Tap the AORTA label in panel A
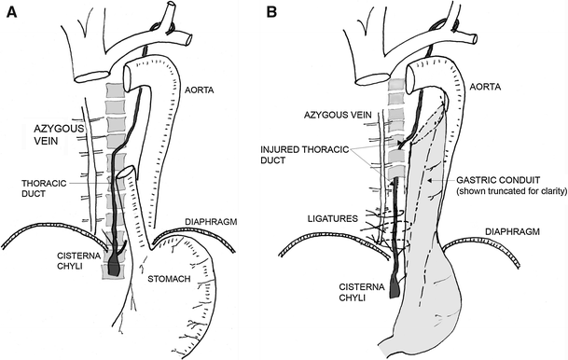200,90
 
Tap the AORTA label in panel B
485,87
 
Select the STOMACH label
169,279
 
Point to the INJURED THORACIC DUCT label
305,155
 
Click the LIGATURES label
333,219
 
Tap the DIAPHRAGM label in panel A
211,222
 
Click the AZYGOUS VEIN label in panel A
59,134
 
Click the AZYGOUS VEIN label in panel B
338,115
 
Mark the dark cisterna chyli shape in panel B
395,288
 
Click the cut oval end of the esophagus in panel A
126,173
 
